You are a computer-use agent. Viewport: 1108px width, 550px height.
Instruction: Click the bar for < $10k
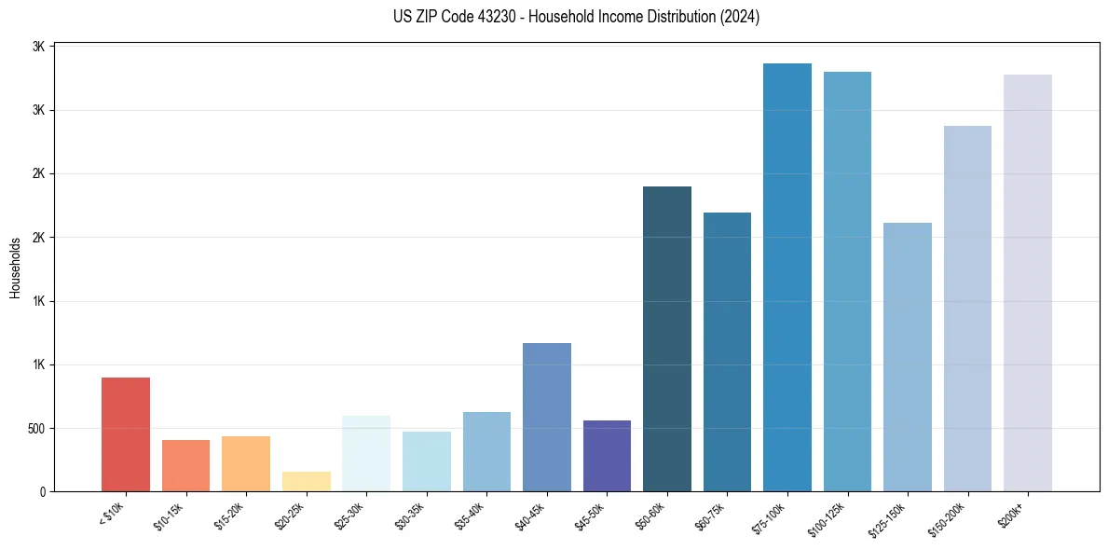pyautogui.click(x=126, y=434)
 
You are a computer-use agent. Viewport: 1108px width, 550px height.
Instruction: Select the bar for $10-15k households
pyautogui.click(x=185, y=465)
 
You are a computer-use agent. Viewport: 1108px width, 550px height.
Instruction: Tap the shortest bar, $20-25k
pyautogui.click(x=306, y=481)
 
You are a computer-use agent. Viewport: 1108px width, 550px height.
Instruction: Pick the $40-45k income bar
pyautogui.click(x=546, y=417)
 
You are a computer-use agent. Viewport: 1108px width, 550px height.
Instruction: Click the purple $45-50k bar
pyautogui.click(x=607, y=456)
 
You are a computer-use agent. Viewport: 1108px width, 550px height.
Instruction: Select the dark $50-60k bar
pyautogui.click(x=667, y=338)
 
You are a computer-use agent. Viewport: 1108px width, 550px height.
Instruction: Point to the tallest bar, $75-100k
pyautogui.click(x=787, y=277)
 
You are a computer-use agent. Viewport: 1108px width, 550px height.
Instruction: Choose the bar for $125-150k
pyautogui.click(x=907, y=357)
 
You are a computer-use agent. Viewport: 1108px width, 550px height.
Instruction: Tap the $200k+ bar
pyautogui.click(x=1027, y=282)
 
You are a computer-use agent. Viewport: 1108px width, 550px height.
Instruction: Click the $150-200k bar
pyautogui.click(x=967, y=309)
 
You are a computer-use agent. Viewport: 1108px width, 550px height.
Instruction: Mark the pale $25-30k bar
pyautogui.click(x=366, y=453)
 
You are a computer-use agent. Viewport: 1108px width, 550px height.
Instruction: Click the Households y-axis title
pyautogui.click(x=15, y=268)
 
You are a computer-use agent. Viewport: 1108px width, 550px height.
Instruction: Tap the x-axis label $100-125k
pyautogui.click(x=828, y=518)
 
